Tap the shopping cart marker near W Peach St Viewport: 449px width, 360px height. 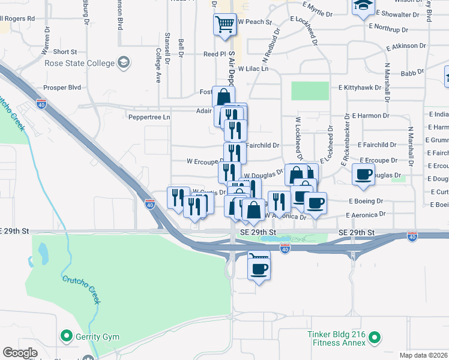(224, 25)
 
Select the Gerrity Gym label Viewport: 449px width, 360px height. (97, 337)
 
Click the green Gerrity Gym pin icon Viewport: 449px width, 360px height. (67, 337)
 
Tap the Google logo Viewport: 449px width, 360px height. (20, 353)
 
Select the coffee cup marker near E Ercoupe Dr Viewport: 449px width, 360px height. (363, 174)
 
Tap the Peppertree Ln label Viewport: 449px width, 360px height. (149, 117)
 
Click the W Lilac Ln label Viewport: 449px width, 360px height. (252, 69)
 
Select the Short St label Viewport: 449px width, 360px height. (65, 52)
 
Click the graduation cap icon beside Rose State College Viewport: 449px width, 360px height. (124, 62)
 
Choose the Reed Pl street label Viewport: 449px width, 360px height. (214, 54)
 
